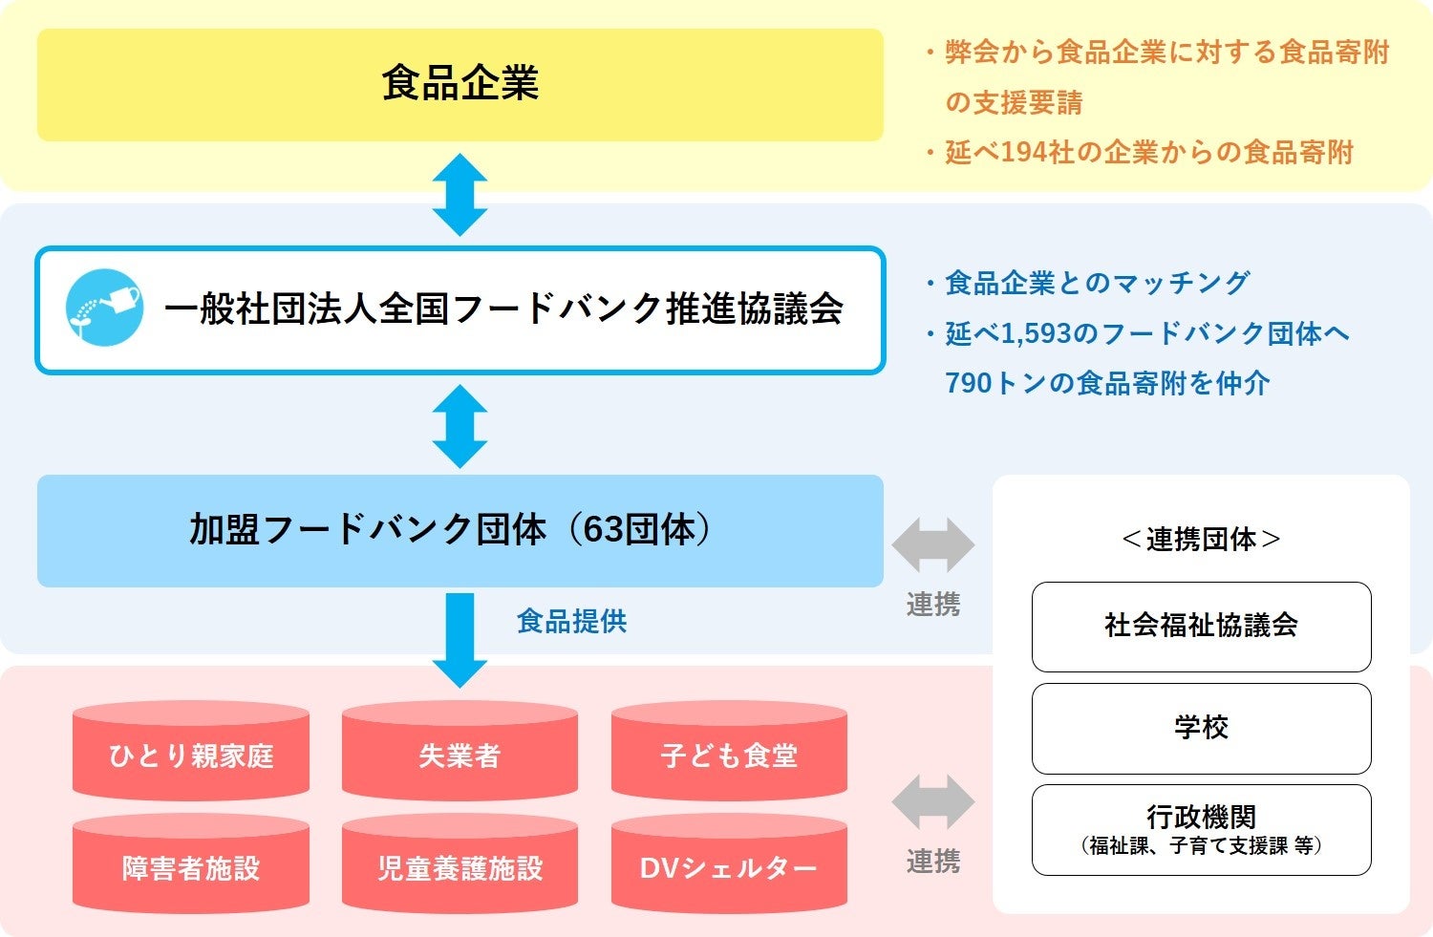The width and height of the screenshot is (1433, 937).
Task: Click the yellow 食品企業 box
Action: click(x=460, y=84)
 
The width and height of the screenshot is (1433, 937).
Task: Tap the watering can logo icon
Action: click(x=104, y=308)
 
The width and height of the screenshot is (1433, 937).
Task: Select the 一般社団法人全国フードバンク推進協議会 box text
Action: click(x=503, y=309)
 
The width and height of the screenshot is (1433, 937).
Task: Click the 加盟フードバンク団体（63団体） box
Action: click(x=460, y=530)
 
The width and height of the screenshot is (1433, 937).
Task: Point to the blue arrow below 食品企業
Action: click(x=460, y=195)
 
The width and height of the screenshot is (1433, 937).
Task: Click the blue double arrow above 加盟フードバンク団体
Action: click(x=460, y=426)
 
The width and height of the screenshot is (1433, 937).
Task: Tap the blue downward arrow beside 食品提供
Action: click(x=460, y=638)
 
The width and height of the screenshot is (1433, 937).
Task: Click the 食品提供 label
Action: click(x=571, y=622)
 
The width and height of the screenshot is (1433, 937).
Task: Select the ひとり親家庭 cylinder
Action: click(x=191, y=755)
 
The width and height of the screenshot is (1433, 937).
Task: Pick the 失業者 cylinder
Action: click(x=460, y=755)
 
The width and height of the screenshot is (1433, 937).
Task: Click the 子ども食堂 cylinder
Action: click(x=729, y=755)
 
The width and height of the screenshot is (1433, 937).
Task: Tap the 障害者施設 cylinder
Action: click(x=191, y=866)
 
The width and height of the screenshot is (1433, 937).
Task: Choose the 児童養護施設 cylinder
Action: click(x=460, y=866)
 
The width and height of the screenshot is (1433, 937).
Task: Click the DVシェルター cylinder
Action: click(x=729, y=866)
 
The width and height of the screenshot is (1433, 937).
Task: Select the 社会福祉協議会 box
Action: click(x=1201, y=627)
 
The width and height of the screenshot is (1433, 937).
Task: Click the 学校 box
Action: click(x=1201, y=728)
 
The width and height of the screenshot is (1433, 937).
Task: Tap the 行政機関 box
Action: click(x=1201, y=829)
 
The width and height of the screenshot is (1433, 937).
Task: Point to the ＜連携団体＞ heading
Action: click(x=1201, y=540)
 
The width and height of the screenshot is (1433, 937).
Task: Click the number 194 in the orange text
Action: click(x=1024, y=153)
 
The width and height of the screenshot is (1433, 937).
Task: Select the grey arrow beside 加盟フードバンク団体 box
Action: click(x=933, y=545)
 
